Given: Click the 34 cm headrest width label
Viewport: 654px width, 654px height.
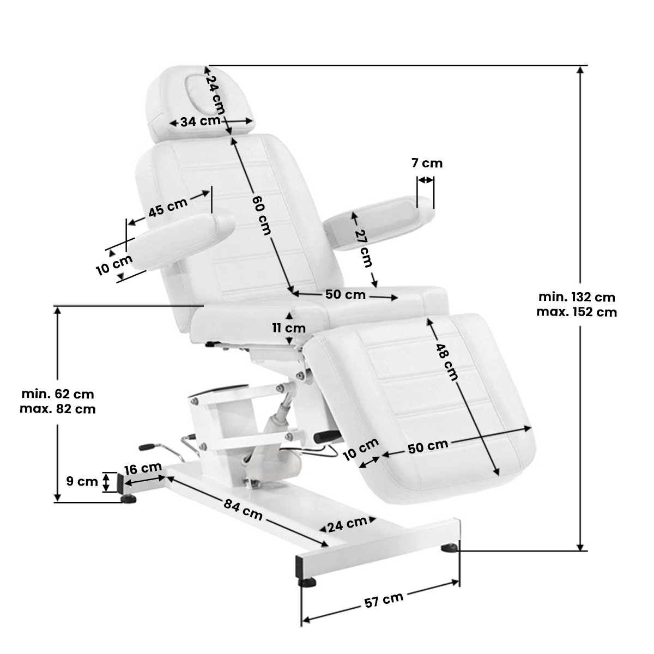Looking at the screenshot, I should point(200,121).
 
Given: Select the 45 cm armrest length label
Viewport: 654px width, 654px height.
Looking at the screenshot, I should point(168,207).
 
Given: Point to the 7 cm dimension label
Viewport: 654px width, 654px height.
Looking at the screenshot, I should point(427,162).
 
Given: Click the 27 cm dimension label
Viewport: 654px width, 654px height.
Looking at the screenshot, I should point(363,248).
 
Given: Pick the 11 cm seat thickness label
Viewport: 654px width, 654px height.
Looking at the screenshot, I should point(289,328).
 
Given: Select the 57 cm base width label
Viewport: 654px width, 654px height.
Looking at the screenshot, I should point(384,600).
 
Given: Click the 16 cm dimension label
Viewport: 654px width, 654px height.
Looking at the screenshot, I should point(143,468).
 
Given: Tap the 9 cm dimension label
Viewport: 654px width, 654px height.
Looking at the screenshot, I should point(82,481).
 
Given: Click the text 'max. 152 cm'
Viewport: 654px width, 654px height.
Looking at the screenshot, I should point(577,312).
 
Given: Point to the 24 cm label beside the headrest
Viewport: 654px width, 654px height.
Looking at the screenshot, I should point(216,94).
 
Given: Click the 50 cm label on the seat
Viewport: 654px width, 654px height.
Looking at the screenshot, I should point(346,295).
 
